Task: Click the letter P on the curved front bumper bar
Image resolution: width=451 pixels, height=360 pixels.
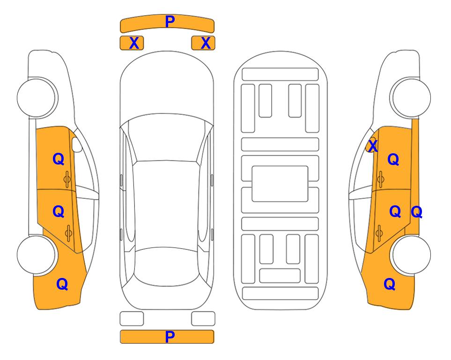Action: pyautogui.click(x=170, y=22)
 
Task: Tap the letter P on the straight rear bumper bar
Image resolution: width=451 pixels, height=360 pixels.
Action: pyautogui.click(x=170, y=337)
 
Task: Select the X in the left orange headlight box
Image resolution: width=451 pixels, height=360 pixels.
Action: pyautogui.click(x=134, y=43)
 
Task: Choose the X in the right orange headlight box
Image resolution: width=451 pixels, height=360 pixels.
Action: pyautogui.click(x=206, y=43)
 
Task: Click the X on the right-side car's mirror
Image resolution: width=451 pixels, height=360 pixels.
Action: pyautogui.click(x=373, y=145)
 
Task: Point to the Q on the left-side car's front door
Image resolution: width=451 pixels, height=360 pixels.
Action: pyautogui.click(x=59, y=159)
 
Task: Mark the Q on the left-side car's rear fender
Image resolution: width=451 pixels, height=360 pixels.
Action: pyautogui.click(x=62, y=284)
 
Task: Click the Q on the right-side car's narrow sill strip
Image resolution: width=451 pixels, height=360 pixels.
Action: pyautogui.click(x=416, y=212)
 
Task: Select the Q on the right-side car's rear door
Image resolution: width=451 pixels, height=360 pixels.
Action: pyautogui.click(x=395, y=212)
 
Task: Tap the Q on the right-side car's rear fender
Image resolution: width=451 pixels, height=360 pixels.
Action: pyautogui.click(x=390, y=284)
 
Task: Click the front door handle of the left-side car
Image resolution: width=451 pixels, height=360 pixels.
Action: pyautogui.click(x=67, y=180)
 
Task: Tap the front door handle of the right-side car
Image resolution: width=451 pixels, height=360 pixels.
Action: pyautogui.click(x=381, y=180)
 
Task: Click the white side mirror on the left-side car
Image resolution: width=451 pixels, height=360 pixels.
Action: pyautogui.click(x=77, y=144)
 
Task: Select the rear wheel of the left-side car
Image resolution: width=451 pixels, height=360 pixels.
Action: pyautogui.click(x=37, y=255)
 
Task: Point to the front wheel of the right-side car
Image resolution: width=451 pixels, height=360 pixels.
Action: pyautogui.click(x=410, y=97)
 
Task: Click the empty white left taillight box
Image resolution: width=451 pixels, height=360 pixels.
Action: pyautogui.click(x=132, y=319)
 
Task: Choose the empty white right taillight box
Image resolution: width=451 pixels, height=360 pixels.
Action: pyautogui.click(x=203, y=319)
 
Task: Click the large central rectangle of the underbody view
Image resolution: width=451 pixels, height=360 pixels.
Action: pyautogui.click(x=280, y=184)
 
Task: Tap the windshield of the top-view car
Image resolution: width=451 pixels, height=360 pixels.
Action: pyautogui.click(x=166, y=138)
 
